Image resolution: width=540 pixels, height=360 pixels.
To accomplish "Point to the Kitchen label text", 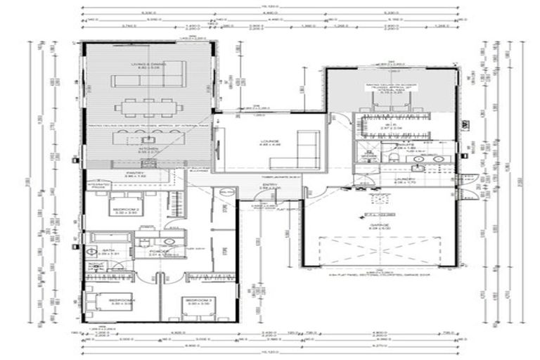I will click(148, 149).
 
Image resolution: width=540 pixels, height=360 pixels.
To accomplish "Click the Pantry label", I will click(136, 173).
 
